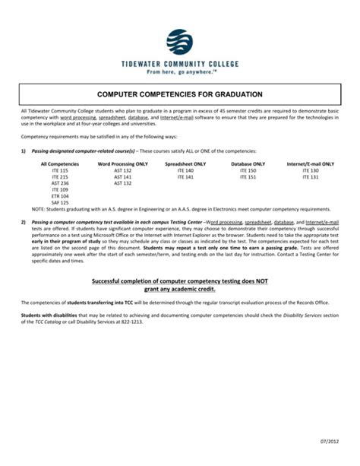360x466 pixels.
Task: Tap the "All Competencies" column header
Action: point(59,163)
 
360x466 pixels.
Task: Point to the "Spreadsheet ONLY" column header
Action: point(185,163)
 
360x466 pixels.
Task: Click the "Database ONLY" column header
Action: point(248,163)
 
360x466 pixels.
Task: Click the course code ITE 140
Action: point(185,170)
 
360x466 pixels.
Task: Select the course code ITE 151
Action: point(248,177)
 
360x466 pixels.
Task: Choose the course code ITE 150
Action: point(248,170)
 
